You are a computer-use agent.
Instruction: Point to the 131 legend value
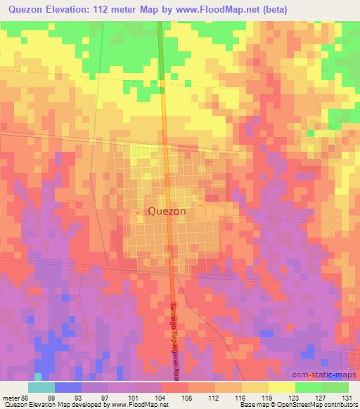point(347,398)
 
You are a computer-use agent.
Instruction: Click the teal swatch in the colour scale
point(41,387)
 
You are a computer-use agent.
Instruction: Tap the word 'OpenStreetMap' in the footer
point(301,405)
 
